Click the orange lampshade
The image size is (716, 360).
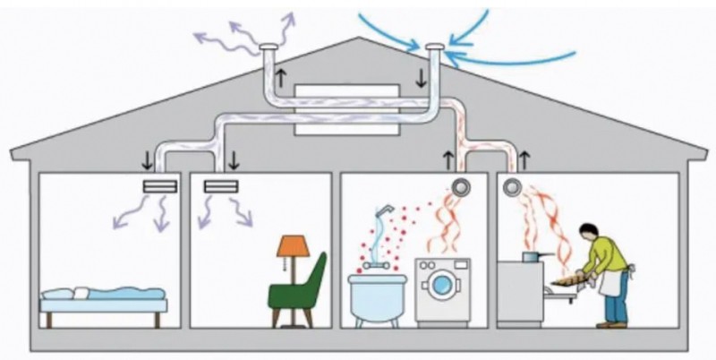click(x=291, y=244)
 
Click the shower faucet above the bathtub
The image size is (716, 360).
click(x=382, y=211)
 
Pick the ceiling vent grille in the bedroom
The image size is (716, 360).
click(x=161, y=186)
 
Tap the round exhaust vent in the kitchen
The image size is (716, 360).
click(x=513, y=186)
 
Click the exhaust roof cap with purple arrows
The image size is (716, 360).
click(x=268, y=47)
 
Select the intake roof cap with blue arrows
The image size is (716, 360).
click(x=434, y=47)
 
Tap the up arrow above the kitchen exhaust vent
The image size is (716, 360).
click(x=524, y=160)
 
